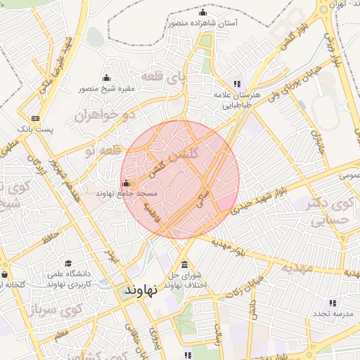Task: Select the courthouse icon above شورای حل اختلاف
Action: pyautogui.click(x=184, y=265)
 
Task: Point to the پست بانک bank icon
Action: pyautogui.click(x=36, y=118)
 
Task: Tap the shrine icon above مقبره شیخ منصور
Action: pyautogui.click(x=106, y=77)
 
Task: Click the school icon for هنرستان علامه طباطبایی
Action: pyautogui.click(x=237, y=84)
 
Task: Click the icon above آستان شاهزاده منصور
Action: pyautogui.click(x=203, y=13)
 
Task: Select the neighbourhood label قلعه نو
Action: pyautogui.click(x=99, y=150)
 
